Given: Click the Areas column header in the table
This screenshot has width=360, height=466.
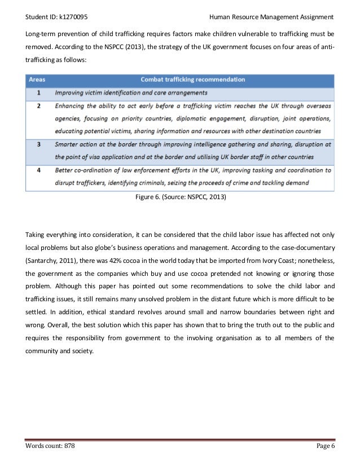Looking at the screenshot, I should pos(38,80).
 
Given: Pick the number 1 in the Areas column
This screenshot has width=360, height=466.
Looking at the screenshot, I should pos(38,92).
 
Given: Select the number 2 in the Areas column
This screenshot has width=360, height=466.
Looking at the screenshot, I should pos(38,105).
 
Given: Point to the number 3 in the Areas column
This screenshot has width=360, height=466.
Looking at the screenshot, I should pos(38,144).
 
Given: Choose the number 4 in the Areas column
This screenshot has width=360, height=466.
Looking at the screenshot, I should pos(38,169).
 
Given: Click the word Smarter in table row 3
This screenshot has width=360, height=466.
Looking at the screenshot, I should pos(69,144).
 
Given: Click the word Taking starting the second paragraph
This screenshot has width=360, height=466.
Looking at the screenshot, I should pos(36,234).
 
